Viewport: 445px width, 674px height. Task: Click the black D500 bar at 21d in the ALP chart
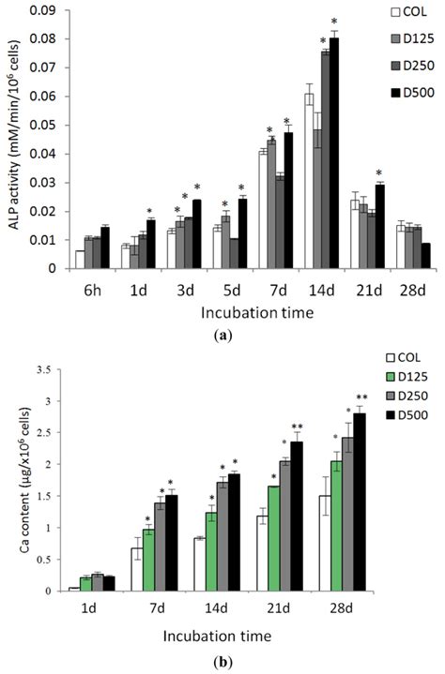[378, 226]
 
